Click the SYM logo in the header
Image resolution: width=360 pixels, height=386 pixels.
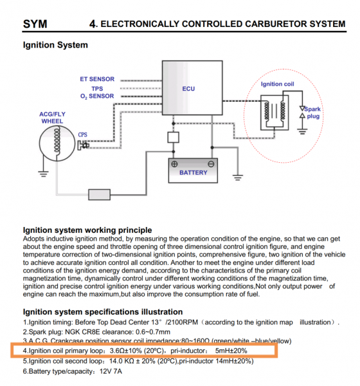[35, 24]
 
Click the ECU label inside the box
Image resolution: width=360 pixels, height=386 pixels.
[188, 89]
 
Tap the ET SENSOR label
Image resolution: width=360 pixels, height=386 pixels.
[97, 79]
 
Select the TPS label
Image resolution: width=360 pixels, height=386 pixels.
[97, 89]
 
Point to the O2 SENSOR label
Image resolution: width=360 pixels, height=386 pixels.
[97, 96]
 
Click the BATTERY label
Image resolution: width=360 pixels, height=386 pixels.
[194, 172]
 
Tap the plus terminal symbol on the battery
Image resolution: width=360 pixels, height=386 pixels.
[174, 164]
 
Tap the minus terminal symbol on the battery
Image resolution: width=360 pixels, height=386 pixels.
[211, 164]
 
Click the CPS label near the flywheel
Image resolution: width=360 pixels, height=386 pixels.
[83, 134]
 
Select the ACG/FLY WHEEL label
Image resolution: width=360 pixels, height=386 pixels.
[52, 118]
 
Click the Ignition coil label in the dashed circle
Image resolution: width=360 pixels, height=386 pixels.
[277, 84]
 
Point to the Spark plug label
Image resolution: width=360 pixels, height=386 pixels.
[313, 113]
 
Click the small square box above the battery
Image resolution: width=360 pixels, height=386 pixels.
[173, 138]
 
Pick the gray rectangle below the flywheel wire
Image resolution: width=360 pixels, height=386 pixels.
[100, 195]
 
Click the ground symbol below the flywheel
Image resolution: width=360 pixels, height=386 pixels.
[43, 174]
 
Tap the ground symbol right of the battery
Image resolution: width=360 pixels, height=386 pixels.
[237, 178]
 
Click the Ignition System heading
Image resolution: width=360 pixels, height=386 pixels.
[55, 45]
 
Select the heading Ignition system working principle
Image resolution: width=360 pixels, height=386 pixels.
[87, 230]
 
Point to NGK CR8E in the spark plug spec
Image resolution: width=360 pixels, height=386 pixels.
[82, 332]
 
